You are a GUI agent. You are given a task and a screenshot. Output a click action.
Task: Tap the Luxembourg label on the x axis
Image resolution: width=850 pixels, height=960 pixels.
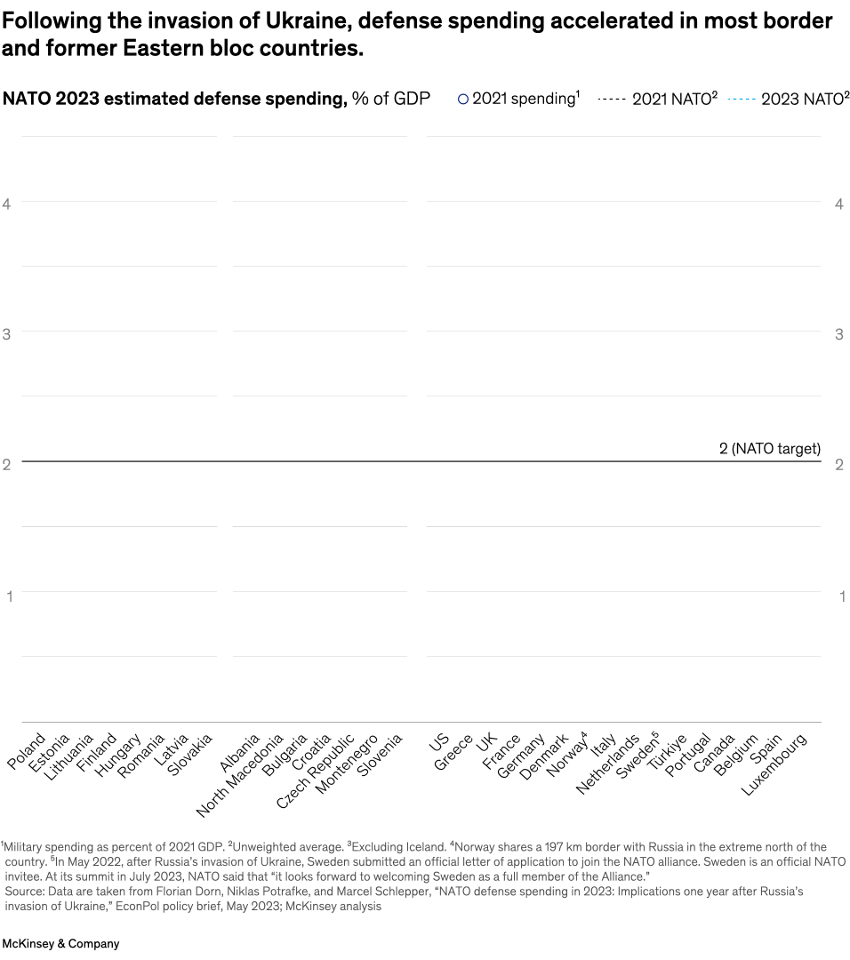(774, 764)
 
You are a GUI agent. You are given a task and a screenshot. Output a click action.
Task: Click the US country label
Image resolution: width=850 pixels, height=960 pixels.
(439, 741)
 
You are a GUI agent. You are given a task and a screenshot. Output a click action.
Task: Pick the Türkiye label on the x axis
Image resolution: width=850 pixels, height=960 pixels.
(667, 753)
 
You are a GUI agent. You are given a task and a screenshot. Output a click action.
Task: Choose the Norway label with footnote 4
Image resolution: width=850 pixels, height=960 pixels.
(566, 755)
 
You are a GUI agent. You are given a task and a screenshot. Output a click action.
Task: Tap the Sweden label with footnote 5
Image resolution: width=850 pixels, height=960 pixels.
(637, 755)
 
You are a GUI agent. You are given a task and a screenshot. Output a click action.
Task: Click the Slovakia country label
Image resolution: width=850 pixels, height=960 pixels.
(191, 754)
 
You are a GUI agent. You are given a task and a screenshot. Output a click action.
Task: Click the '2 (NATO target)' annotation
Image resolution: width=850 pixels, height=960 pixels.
(769, 449)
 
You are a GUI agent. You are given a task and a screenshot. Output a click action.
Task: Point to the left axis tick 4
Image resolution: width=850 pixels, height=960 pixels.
(7, 204)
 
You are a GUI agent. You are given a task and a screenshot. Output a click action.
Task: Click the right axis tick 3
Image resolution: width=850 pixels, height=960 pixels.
(838, 334)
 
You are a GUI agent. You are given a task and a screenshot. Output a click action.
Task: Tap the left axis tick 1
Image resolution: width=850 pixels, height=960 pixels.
(10, 596)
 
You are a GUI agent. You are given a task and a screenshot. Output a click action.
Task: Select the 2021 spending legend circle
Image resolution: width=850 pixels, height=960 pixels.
(462, 100)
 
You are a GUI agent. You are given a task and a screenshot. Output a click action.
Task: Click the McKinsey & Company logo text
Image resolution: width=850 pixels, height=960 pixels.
(60, 944)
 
